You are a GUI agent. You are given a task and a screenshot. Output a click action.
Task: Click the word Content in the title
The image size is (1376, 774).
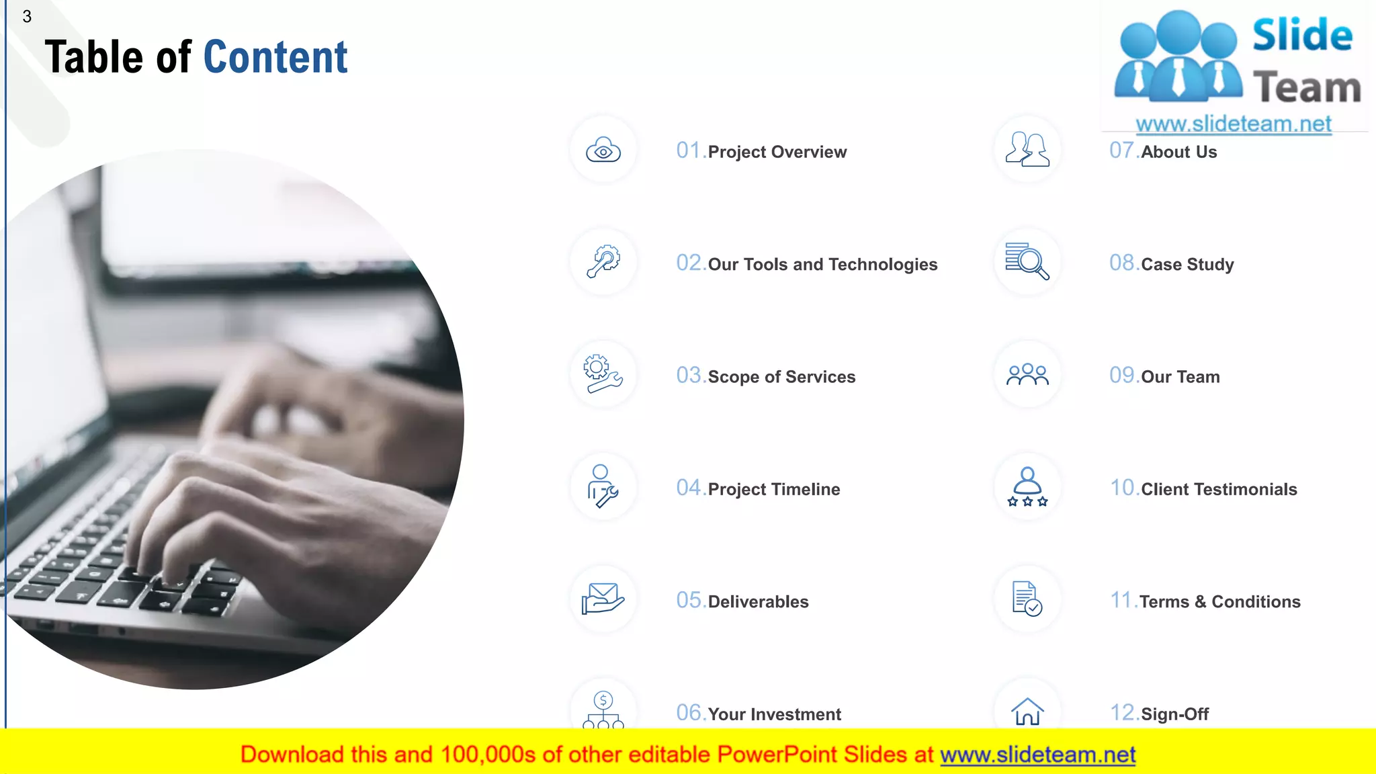[x=275, y=57]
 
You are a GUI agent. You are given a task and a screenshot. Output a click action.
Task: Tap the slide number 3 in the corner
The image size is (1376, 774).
[x=27, y=17]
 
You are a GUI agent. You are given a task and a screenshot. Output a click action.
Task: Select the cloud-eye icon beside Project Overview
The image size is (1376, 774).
[x=603, y=150]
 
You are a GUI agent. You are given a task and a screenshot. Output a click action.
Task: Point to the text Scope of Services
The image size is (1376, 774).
[x=781, y=377]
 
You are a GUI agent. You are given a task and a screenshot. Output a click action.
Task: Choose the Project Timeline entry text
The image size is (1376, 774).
[x=773, y=489]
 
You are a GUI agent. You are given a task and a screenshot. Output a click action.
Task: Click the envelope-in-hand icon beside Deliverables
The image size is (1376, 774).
[x=603, y=599]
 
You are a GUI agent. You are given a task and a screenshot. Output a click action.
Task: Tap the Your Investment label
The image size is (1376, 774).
[x=774, y=714]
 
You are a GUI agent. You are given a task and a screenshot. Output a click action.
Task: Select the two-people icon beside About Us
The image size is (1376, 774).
[x=1027, y=149]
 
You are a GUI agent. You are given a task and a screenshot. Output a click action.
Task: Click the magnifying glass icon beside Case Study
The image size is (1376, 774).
[x=1027, y=261]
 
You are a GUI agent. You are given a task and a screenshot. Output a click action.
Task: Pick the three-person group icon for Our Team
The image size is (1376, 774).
[x=1027, y=374]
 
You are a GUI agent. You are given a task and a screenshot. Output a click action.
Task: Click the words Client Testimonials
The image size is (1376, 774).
[x=1219, y=489]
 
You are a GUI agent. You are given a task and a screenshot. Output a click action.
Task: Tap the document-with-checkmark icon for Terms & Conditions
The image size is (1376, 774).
[x=1027, y=599]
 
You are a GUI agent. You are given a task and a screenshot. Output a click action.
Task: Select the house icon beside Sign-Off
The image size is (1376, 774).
[x=1027, y=712]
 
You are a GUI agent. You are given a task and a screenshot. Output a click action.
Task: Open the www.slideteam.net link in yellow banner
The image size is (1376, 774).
[x=1037, y=755]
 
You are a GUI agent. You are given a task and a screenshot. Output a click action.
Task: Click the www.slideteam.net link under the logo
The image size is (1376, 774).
[x=1234, y=124]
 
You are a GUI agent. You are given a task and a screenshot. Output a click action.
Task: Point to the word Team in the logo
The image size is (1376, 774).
[x=1307, y=88]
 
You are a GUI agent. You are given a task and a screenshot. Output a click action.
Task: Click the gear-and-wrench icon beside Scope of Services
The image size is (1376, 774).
[x=603, y=374]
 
